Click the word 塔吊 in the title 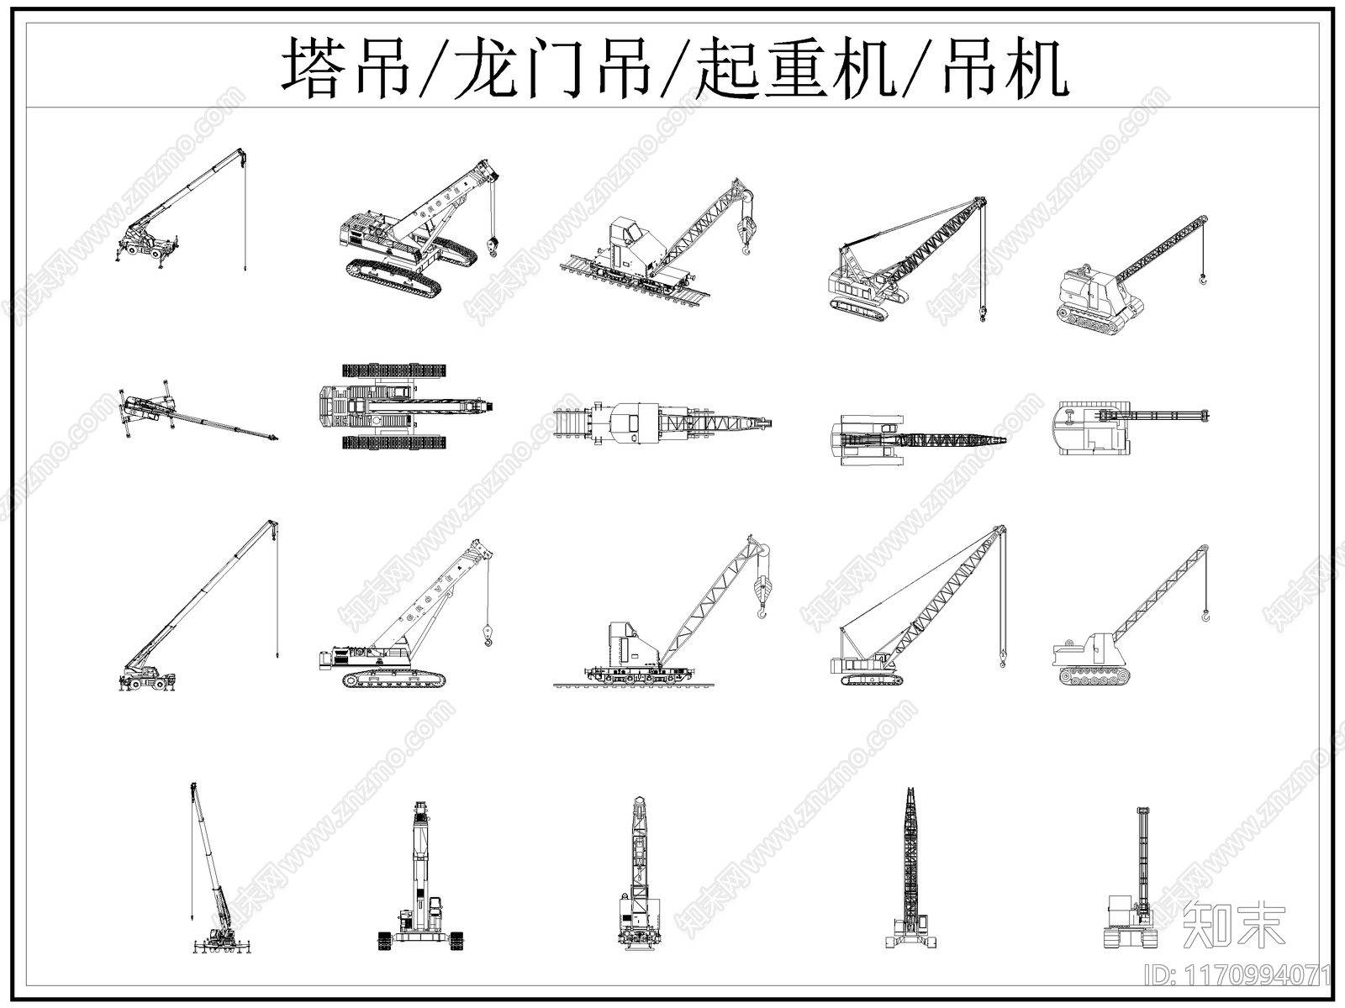[x=345, y=67]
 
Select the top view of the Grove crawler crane [x=403, y=407]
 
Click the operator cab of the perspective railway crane [x=625, y=235]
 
